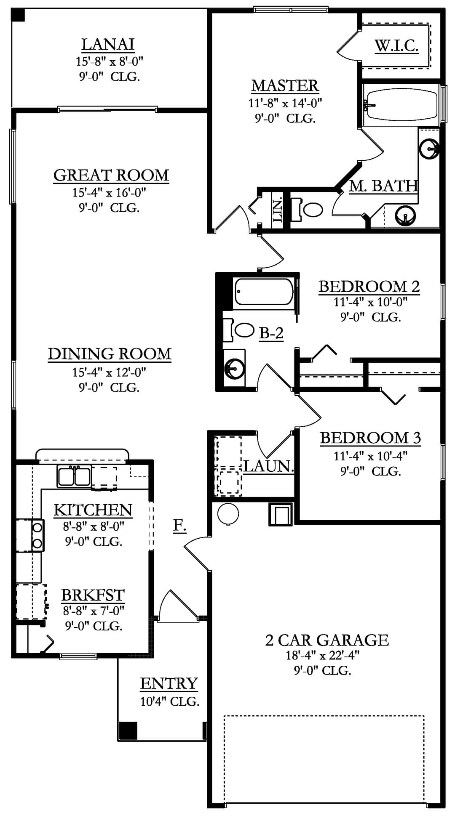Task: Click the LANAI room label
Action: [x=108, y=44]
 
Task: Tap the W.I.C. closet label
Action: [x=396, y=45]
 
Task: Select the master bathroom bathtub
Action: [x=401, y=104]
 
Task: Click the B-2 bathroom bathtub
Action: [x=264, y=291]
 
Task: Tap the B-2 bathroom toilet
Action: [x=240, y=330]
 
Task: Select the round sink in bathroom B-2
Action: [x=233, y=369]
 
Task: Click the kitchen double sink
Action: [x=74, y=476]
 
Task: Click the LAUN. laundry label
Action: [x=268, y=466]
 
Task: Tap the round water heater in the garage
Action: [x=228, y=514]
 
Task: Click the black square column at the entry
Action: [x=128, y=731]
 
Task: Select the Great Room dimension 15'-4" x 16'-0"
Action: [x=109, y=193]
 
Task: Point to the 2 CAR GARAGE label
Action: [x=327, y=640]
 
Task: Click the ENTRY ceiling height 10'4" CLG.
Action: [x=170, y=702]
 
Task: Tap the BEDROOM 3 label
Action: [x=370, y=438]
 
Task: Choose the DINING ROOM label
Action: [x=110, y=354]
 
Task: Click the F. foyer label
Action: [x=180, y=525]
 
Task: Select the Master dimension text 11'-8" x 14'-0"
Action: [x=285, y=103]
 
